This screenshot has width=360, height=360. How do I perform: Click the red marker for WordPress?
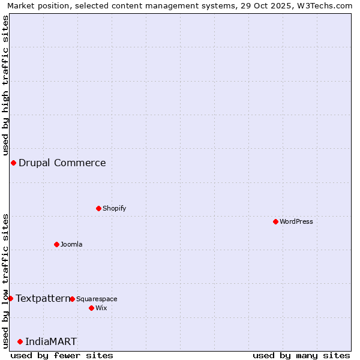tap(275, 221)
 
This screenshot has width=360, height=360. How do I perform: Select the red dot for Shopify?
tap(98, 208)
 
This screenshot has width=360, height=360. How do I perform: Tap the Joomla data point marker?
tap(56, 244)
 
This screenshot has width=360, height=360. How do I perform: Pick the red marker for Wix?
tap(91, 308)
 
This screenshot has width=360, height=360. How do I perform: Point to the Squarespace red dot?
tap(72, 299)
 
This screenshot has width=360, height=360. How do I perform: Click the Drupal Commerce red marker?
tap(13, 163)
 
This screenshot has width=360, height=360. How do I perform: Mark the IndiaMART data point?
tap(20, 341)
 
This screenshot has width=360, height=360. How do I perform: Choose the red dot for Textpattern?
tap(10, 298)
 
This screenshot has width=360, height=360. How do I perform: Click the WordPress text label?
tap(296, 221)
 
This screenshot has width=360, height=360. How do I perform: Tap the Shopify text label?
tap(114, 208)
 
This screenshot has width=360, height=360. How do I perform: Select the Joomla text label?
tap(71, 244)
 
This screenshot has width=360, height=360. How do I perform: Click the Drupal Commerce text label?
tap(62, 163)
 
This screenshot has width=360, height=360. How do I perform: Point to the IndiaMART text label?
tap(51, 341)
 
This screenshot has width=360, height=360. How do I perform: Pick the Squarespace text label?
tap(97, 299)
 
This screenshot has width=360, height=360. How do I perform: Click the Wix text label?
tap(101, 308)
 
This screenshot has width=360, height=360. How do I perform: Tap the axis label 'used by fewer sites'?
tap(62, 355)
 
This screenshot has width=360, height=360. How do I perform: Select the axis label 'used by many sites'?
tap(301, 355)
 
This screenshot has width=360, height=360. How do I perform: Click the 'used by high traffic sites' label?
tap(5, 85)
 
